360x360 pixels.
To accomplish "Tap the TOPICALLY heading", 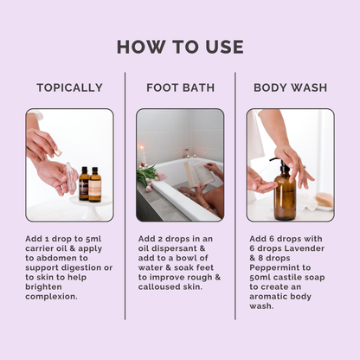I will click(69, 87).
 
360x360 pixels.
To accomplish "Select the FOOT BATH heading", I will click(180, 87).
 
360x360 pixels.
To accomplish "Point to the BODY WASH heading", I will click(291, 87).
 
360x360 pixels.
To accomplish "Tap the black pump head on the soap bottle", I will click(280, 163).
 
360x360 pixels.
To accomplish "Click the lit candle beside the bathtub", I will click(143, 159).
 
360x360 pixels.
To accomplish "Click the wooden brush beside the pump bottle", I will click(324, 200).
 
